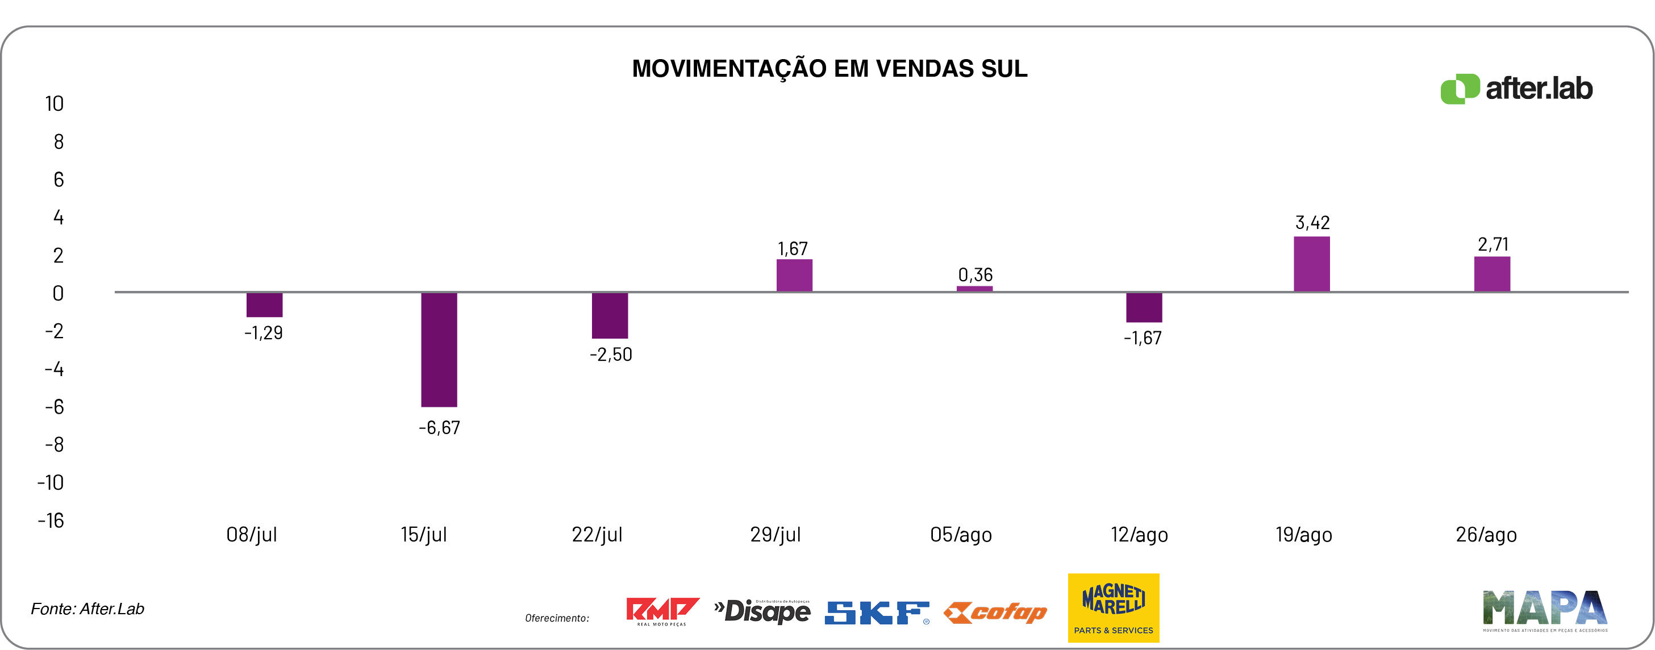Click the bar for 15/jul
coord(439,349)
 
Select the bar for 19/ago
coord(1311,264)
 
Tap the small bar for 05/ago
coord(974,289)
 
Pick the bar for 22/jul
coord(610,315)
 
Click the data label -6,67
coord(439,428)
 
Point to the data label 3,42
coord(1312,223)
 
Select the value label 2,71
coord(1493,245)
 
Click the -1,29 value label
coord(264,333)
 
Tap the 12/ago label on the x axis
coord(1139,535)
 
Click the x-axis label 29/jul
coord(776,535)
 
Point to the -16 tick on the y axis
coord(51,520)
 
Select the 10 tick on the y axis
coord(54,104)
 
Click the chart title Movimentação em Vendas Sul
coord(829,69)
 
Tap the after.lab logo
coord(1516,89)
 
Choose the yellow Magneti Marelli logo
coord(1114,607)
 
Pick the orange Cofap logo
coord(995,612)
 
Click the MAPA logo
coord(1544,609)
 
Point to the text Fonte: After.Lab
coord(87,609)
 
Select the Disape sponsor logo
coord(762,611)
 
